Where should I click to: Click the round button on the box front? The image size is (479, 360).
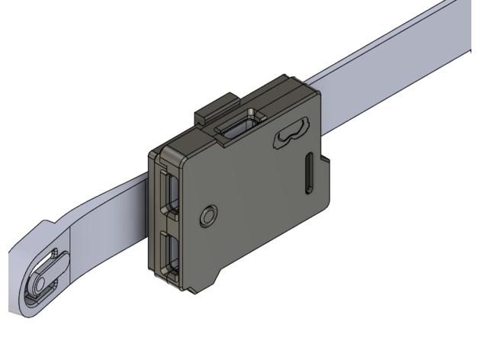coord(208,217)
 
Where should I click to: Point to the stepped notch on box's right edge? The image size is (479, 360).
coord(327,162)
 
